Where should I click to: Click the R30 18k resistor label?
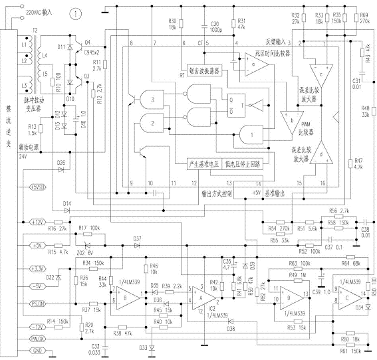tap(172, 25)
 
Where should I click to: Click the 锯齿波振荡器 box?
tap(200, 69)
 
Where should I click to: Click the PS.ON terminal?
tap(38, 304)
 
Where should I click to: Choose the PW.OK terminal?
tap(38, 339)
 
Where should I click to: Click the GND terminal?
tap(38, 350)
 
